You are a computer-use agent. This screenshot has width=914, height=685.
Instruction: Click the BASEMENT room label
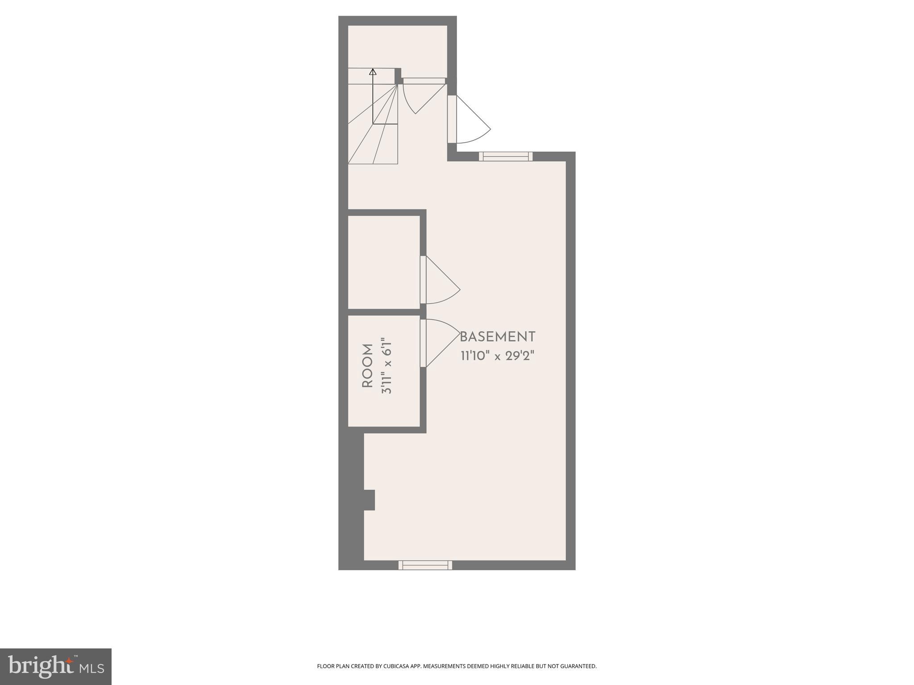[497, 337]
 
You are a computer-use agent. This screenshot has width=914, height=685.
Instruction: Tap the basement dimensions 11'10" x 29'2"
[497, 356]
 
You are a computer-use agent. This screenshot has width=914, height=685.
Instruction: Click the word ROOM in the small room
[367, 366]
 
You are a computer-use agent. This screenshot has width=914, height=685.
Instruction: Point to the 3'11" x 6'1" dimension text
[386, 366]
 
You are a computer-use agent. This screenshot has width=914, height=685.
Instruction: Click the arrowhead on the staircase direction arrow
[373, 71]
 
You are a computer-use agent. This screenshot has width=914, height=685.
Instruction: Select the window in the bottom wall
[425, 565]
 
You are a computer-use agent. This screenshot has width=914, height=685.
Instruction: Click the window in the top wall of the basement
[506, 156]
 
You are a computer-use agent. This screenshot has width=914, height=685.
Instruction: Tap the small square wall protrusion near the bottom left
[369, 500]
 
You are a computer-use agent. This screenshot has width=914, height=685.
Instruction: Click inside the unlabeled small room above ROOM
[384, 262]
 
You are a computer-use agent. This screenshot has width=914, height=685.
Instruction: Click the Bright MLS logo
[56, 667]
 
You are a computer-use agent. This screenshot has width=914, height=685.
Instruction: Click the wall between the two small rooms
[384, 312]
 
